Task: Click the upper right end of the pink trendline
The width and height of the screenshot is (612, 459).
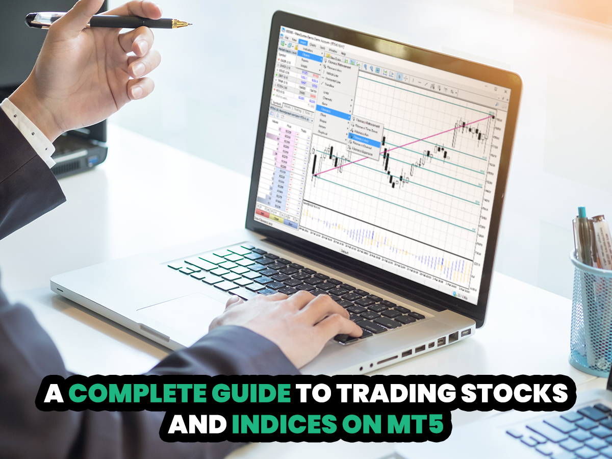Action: coord(493,117)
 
